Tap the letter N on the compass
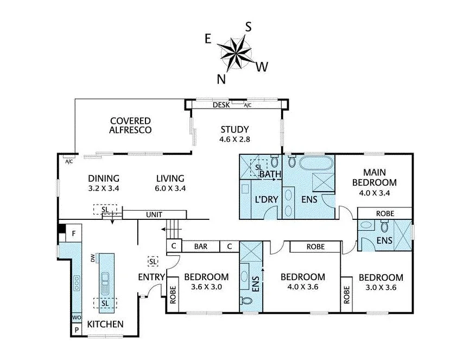pos(221,79)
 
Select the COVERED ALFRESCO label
pos(130,125)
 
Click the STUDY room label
pos(234,129)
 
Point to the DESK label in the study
pos(221,105)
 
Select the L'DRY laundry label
pos(266,199)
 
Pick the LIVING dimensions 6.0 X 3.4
pos(170,189)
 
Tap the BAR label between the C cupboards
pos(200,247)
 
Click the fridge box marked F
pos(73,234)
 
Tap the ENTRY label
pos(151,277)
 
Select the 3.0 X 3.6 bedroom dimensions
pos(380,287)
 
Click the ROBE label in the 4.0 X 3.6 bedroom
pos(315,247)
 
